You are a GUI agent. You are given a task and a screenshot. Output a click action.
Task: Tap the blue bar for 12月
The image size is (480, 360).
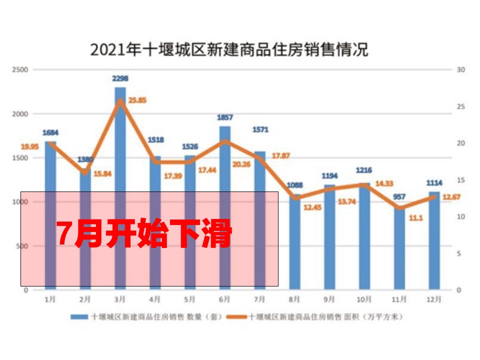tap(434, 240)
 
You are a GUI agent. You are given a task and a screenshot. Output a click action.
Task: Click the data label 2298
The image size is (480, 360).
tap(120, 78)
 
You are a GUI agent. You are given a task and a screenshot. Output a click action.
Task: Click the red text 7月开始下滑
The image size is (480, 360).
tap(144, 234)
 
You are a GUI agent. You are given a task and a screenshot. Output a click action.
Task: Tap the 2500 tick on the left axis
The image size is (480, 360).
tap(21, 69)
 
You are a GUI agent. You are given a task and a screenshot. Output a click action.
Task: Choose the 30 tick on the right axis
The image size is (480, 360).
tap(461, 69)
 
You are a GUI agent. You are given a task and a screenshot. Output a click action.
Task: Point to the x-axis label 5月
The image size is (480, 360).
tap(189, 300)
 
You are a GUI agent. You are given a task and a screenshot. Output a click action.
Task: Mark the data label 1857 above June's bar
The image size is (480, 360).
tap(225, 117)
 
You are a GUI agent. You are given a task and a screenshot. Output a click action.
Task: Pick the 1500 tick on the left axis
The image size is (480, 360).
tap(21, 158)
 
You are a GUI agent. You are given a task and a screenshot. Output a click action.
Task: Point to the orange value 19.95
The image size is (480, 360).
tap(29, 146)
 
